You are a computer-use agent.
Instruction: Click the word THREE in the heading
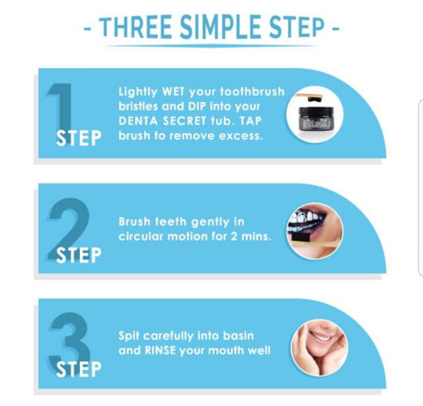coord(136,27)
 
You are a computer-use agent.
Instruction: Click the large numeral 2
coord(69,229)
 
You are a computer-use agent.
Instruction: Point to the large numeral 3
coord(69,343)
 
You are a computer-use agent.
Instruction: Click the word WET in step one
coord(173,91)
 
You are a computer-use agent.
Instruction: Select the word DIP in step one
coord(197,106)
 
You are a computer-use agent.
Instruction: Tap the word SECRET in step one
coord(184,120)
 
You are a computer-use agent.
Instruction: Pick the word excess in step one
coord(241,136)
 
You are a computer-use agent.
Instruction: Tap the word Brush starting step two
coord(134,222)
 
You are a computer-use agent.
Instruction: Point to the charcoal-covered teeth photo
coord(315,231)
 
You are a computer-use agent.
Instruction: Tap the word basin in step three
coord(238,336)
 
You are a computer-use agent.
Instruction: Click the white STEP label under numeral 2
coord(79,255)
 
